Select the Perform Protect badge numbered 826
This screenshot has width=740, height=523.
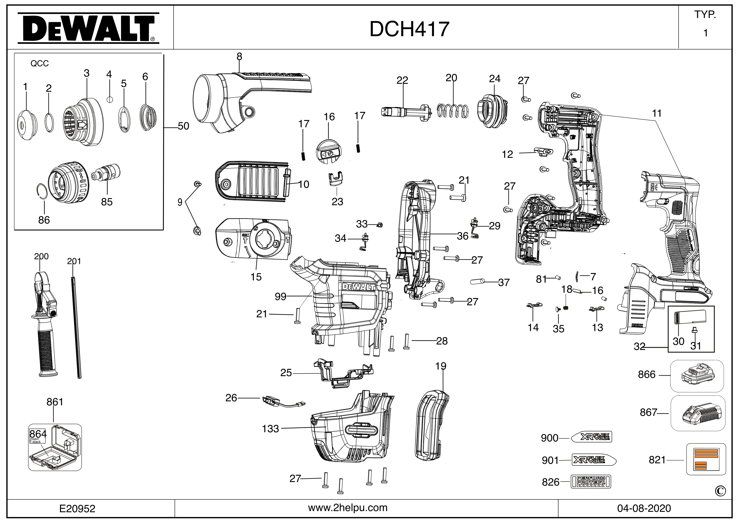(x=591, y=482)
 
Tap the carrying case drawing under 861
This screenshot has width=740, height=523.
(x=55, y=448)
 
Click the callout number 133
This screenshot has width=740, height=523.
(x=270, y=429)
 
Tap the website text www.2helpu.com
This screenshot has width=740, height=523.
(x=348, y=508)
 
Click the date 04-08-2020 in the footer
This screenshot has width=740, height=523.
(x=644, y=509)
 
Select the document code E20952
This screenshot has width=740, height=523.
(x=77, y=509)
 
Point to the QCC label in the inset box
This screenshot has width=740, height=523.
(x=40, y=63)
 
